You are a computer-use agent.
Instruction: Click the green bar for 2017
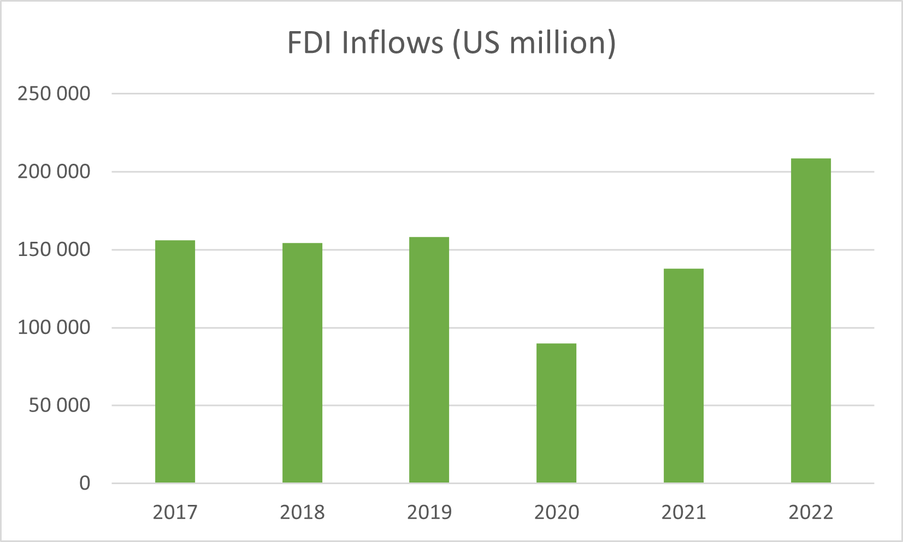[175, 361]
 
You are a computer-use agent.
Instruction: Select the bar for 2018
[302, 363]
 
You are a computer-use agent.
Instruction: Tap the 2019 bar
[429, 360]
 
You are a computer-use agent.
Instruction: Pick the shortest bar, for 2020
[556, 413]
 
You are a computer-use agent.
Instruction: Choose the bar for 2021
[683, 376]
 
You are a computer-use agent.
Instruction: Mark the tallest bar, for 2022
[811, 320]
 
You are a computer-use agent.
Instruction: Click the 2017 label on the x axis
[175, 513]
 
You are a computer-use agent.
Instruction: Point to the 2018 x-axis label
[302, 513]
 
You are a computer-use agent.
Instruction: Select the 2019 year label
[429, 513]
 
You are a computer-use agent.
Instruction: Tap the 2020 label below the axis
[557, 513]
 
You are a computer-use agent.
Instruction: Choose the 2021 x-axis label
[683, 513]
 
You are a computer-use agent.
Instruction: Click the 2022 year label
[811, 513]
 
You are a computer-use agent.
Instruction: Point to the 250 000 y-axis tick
[54, 94]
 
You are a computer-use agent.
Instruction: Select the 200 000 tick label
[54, 172]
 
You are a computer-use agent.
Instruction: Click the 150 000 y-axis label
[54, 250]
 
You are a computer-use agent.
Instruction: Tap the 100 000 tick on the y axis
[54, 327]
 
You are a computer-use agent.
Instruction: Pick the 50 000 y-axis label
[59, 406]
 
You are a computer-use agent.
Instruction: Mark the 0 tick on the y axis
[85, 484]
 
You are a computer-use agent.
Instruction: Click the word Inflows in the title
[392, 43]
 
